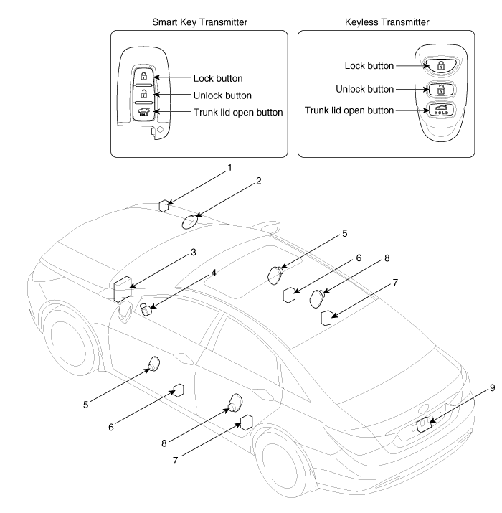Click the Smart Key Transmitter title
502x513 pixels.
pos(199,22)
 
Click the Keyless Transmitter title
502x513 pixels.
pos(387,22)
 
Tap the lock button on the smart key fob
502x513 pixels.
pos(143,77)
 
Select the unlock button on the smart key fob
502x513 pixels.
pos(143,94)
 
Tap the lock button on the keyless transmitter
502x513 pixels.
pos(440,65)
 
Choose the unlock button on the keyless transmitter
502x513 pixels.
pos(440,89)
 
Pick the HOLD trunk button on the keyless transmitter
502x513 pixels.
pos(440,110)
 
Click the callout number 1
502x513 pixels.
pos(229,167)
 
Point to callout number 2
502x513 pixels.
pos(259,181)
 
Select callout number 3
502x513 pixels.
pos(194,253)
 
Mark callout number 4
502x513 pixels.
pos(214,273)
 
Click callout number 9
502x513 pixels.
pos(492,388)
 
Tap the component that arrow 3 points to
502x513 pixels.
pos(123,289)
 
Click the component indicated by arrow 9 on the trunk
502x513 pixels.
pos(424,425)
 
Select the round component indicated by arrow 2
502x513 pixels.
pos(189,222)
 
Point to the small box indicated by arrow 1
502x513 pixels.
pos(164,206)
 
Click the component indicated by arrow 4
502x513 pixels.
pos(146,309)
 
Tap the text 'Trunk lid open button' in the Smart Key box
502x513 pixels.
pos(238,112)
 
